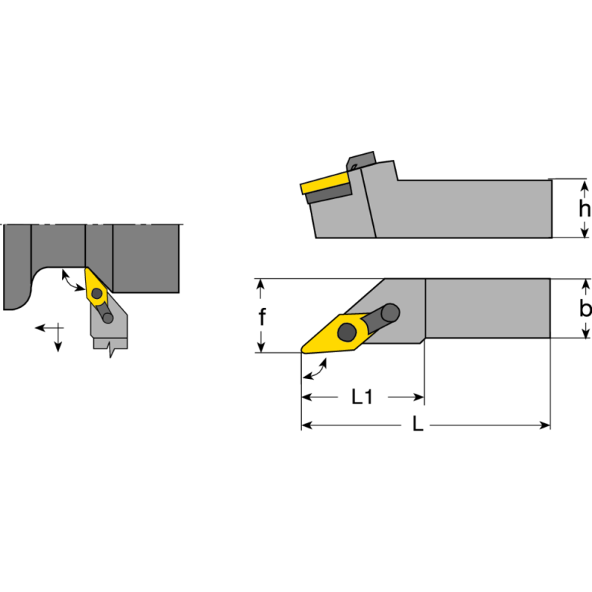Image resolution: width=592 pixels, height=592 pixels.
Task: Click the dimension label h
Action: pos(584,209)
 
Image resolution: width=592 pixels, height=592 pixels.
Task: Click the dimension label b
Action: pos(585,309)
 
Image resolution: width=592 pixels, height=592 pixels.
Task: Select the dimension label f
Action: pos(262,317)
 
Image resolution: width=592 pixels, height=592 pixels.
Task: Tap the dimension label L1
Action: pos(361,397)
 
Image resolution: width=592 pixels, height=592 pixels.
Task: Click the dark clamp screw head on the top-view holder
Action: pos(390,313)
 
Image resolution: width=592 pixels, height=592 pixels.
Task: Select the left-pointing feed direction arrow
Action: pos(43,326)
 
